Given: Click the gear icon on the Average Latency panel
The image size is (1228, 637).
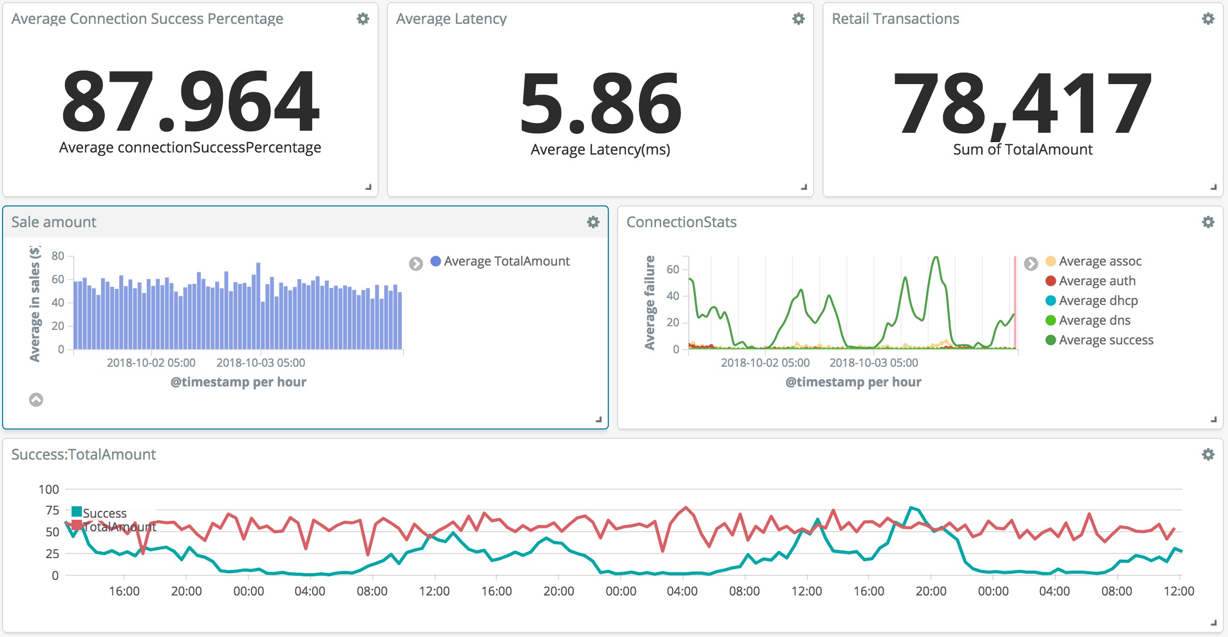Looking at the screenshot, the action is tap(799, 19).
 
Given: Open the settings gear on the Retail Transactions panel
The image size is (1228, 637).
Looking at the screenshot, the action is tap(1208, 19).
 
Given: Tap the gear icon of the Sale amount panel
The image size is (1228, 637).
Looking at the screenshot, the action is tap(593, 222).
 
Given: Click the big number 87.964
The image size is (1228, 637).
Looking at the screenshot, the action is tap(190, 101).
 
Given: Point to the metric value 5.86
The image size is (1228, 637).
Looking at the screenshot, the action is tap(601, 103).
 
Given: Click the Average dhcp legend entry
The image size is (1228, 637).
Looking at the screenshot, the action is tap(1092, 301).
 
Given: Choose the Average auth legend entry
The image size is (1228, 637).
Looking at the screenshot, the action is tap(1091, 281).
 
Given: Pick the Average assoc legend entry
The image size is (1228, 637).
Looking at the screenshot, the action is tap(1094, 261).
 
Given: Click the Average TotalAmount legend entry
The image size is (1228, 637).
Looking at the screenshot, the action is tap(500, 261).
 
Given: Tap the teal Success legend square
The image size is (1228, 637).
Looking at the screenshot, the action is tap(77, 512).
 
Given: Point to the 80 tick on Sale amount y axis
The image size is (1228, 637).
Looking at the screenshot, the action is tap(58, 256).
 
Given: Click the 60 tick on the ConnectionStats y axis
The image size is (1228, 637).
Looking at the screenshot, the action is tap(673, 269).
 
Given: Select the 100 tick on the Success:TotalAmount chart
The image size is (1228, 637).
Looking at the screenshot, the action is tap(49, 489).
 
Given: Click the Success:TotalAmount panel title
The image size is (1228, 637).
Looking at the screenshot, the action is tap(83, 454).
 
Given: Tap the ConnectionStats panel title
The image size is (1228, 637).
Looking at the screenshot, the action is tap(681, 222).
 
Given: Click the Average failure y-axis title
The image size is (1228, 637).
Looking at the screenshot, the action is tap(650, 302).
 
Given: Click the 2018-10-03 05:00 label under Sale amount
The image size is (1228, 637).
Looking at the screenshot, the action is tap(261, 363).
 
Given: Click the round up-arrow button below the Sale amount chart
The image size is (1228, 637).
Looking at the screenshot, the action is tap(36, 399).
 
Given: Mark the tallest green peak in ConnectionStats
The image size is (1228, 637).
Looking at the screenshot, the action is tap(936, 257).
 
